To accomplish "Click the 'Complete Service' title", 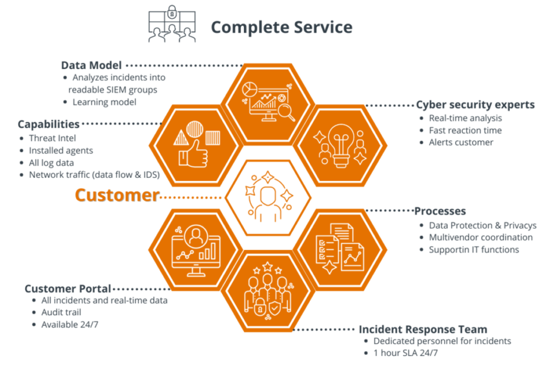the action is pos(281,27).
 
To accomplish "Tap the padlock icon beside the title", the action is pos(172,13).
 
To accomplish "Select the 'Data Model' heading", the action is pos(91,65).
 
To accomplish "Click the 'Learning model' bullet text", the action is pos(104,102).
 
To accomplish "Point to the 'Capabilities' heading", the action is pos(48,124).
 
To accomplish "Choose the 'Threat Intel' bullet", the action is pos(52,138).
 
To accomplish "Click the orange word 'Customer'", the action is pos(117,195).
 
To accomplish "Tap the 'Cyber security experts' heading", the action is pos(475,105).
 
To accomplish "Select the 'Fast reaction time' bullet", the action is pos(465,130).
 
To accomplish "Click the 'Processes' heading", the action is pos(440,211).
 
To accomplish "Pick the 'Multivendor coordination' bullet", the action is pos(481,237).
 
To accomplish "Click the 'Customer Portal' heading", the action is pos(68,289).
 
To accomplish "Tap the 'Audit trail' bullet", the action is pos(61,312).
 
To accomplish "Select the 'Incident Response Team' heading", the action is pos(423,330).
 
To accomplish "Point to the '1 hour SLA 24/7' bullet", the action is pos(406,353).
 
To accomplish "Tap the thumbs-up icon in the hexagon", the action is pos(193,153).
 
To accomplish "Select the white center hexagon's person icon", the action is pos(267,203).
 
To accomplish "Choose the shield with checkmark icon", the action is pos(274,308).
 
